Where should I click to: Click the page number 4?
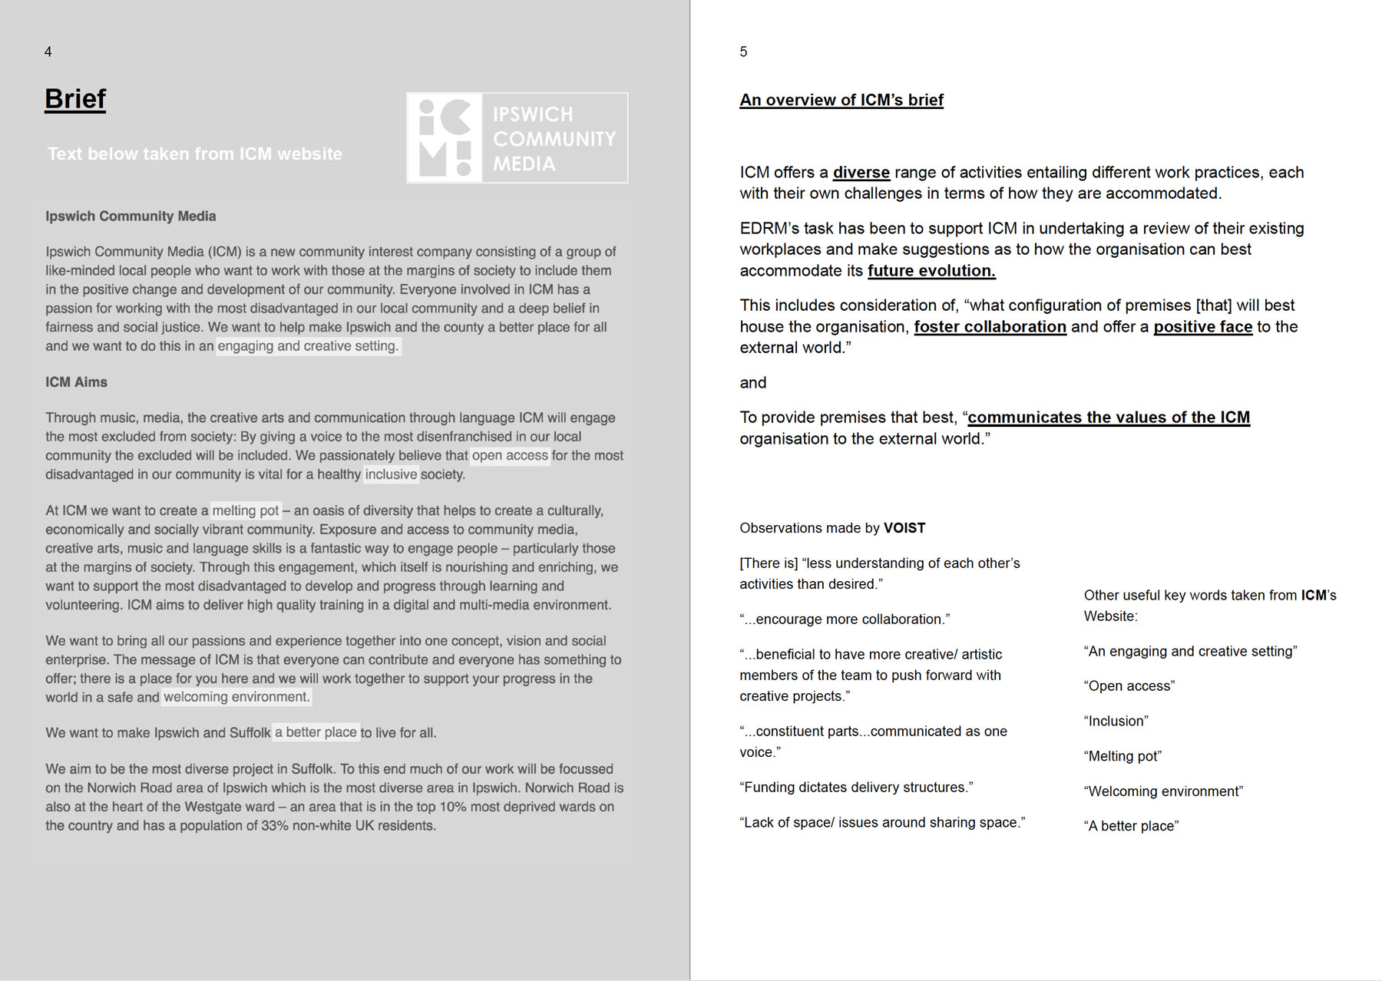[x=48, y=52]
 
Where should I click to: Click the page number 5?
[x=743, y=52]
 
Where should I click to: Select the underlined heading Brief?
[x=75, y=99]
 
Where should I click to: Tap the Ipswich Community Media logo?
[x=517, y=138]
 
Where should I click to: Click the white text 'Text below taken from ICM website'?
[x=195, y=154]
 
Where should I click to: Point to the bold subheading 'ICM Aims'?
[x=76, y=382]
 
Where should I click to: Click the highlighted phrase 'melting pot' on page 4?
[x=246, y=510]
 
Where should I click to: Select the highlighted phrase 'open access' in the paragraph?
[x=510, y=456]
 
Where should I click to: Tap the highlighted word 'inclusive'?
[x=391, y=474]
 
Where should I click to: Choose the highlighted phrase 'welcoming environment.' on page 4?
[x=236, y=697]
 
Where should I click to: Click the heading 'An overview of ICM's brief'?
[x=841, y=101]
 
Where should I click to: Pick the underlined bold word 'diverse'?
[x=861, y=173]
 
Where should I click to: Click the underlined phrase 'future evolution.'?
[x=931, y=271]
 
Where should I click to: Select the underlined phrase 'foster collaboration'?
[x=990, y=327]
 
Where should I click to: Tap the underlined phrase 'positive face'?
[x=1202, y=327]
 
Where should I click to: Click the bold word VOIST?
[x=904, y=528]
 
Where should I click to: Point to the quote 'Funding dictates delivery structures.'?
[x=856, y=788]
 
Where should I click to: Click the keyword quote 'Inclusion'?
[x=1116, y=722]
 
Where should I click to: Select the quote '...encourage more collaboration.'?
[x=845, y=619]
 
